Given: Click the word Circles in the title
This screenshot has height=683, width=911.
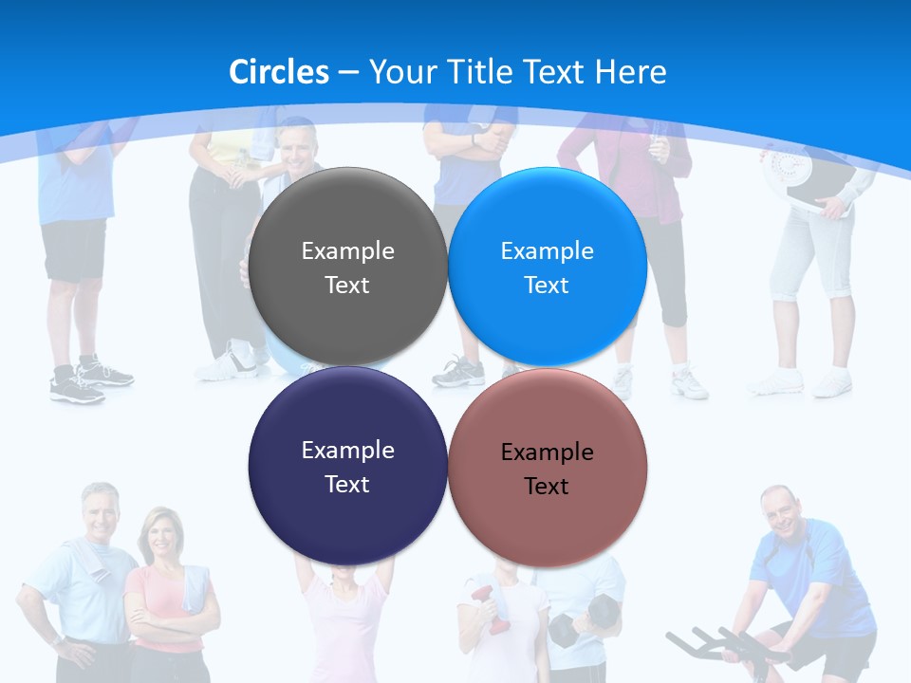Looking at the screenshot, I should pos(279,72).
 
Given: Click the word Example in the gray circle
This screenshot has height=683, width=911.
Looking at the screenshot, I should pos(347,251).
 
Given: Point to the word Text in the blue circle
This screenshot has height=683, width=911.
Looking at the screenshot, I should pos(547,286).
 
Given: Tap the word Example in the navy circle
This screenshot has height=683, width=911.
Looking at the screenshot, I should pos(347,451).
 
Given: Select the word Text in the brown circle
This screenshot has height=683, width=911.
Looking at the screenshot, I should pos(547,487).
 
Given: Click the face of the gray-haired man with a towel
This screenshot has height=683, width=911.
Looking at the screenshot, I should pos(100,513).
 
